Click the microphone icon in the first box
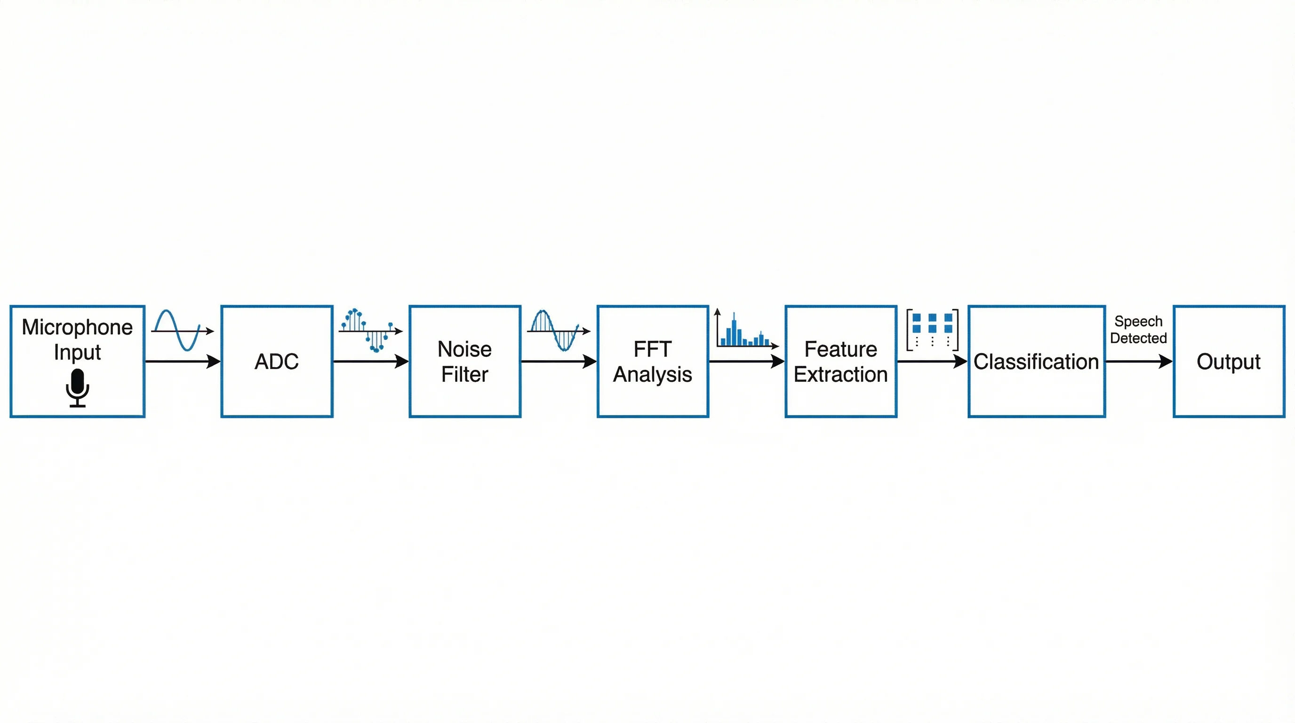pos(78,387)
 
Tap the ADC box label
pos(277,361)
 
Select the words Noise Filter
pos(464,361)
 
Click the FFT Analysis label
pos(653,361)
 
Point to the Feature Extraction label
pos(840,361)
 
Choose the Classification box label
pos(1036,361)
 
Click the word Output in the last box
pos(1228,361)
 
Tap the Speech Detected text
pos(1138,329)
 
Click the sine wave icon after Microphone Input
pos(181,330)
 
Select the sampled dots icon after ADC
pos(369,330)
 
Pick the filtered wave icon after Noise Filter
pos(557,330)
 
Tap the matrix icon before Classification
pos(933,330)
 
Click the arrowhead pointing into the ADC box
pos(214,361)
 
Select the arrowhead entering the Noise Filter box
pos(402,361)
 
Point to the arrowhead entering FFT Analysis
pos(590,361)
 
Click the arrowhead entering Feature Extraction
pos(778,361)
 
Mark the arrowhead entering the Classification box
pos(961,361)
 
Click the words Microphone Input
pos(78,339)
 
